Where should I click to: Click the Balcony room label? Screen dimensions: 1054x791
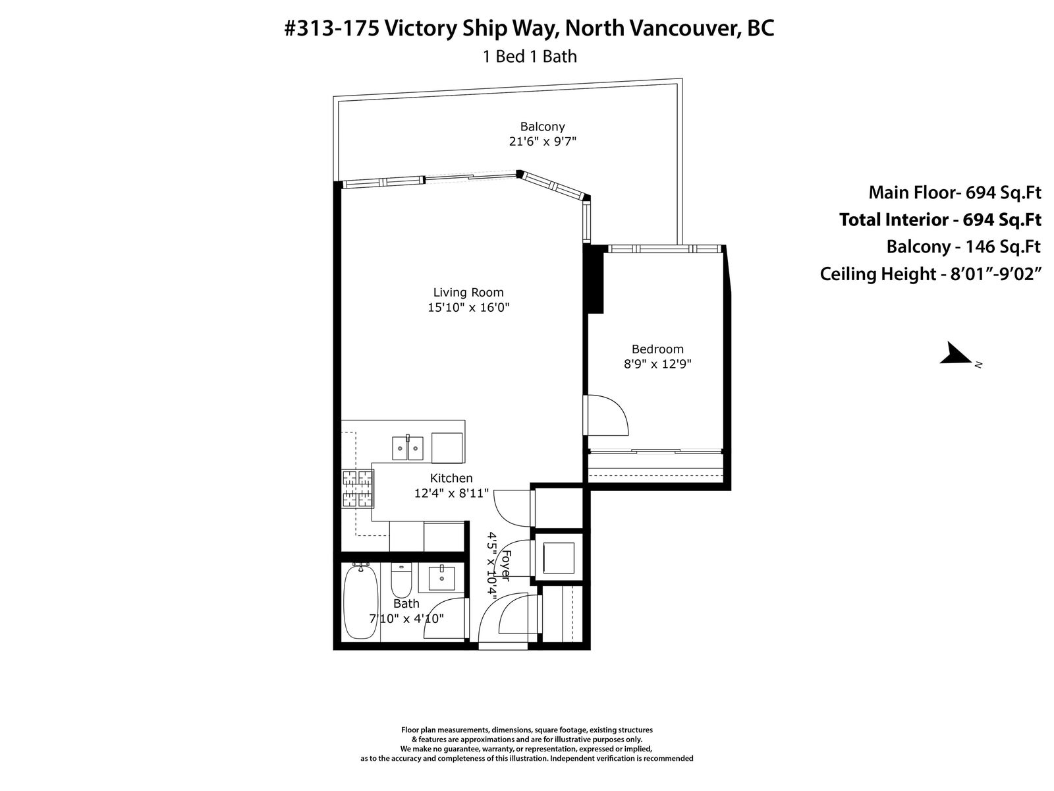pos(542,127)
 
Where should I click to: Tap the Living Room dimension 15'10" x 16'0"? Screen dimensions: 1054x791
pos(468,307)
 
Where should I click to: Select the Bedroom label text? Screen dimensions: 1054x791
pos(657,349)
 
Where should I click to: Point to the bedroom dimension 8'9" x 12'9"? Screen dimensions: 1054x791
pos(657,364)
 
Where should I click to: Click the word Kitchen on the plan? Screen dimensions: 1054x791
pos(451,479)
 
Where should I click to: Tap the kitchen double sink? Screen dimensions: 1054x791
pos(407,448)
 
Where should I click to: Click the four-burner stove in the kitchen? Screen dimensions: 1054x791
pos(358,488)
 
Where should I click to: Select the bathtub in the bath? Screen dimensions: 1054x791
pos(360,602)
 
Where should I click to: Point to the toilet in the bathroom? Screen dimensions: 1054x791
pos(401,579)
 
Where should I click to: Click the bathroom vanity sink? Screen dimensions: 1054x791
pos(441,578)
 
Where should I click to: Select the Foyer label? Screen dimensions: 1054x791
pos(506,566)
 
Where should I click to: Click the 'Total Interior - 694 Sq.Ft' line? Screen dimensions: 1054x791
pos(940,220)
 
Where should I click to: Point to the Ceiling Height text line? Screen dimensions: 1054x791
pos(930,274)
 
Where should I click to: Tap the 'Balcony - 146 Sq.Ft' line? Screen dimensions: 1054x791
pos(963,247)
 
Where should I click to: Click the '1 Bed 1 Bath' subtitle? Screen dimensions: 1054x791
pos(529,57)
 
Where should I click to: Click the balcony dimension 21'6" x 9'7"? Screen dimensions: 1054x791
pos(542,142)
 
